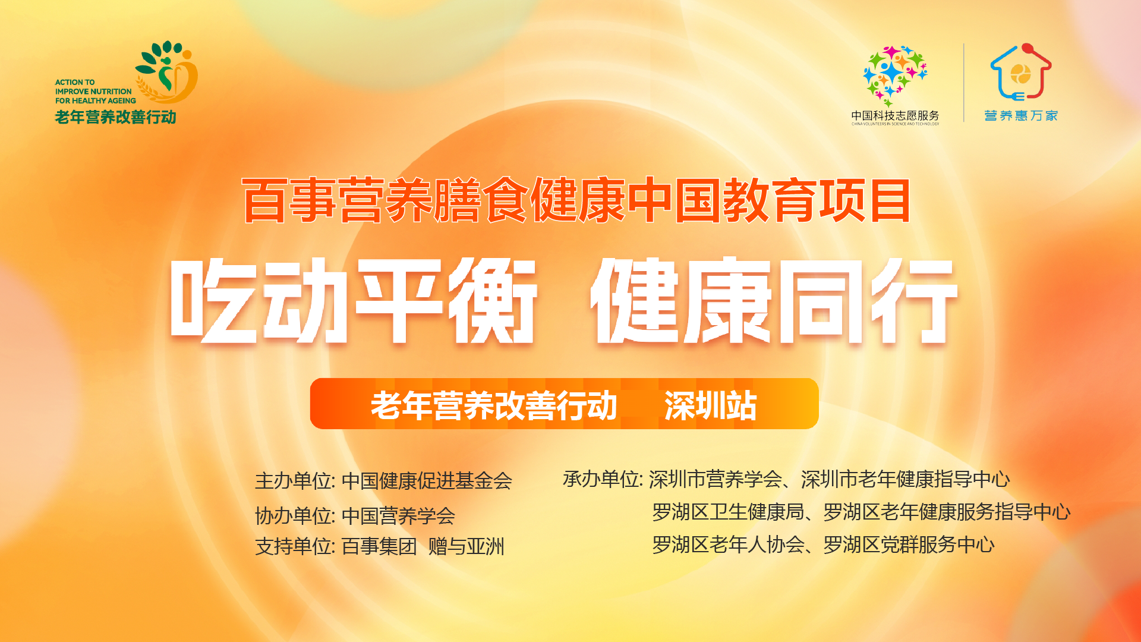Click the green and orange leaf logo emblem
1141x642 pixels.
167,71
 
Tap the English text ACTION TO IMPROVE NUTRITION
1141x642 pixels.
93,87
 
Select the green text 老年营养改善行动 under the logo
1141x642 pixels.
115,117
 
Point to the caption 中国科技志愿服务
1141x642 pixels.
895,115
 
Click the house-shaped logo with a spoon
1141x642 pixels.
1021,71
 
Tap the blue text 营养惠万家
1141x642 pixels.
1021,115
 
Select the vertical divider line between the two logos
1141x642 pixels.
964,83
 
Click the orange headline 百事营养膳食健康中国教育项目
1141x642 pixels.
576,200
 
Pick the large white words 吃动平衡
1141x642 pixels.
354,300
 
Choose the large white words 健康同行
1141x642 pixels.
774,300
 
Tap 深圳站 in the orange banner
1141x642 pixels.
710,405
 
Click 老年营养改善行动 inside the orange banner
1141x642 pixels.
494,405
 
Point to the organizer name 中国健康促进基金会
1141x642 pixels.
427,481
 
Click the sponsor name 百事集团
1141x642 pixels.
379,546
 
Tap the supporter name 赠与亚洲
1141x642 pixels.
467,546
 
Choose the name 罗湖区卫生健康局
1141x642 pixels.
728,512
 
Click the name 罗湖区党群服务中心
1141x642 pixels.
909,545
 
